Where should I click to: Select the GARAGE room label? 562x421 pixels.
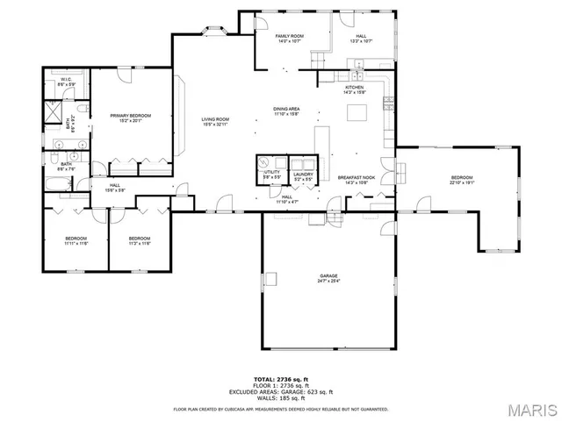pos(329,276)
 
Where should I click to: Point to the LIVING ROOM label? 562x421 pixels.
pos(215,119)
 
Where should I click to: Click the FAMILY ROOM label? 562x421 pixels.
pos(289,36)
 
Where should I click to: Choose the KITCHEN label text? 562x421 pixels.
pos(354,88)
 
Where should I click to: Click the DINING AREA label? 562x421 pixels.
pos(286,109)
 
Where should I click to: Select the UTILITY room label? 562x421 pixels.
pos(271,172)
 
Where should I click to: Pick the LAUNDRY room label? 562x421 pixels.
pos(303,174)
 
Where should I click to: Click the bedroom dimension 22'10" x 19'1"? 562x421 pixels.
pos(462,183)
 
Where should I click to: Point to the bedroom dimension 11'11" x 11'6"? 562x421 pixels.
pos(76,244)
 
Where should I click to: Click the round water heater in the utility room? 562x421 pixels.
pos(263,161)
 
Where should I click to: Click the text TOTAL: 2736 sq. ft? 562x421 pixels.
pos(277,377)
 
